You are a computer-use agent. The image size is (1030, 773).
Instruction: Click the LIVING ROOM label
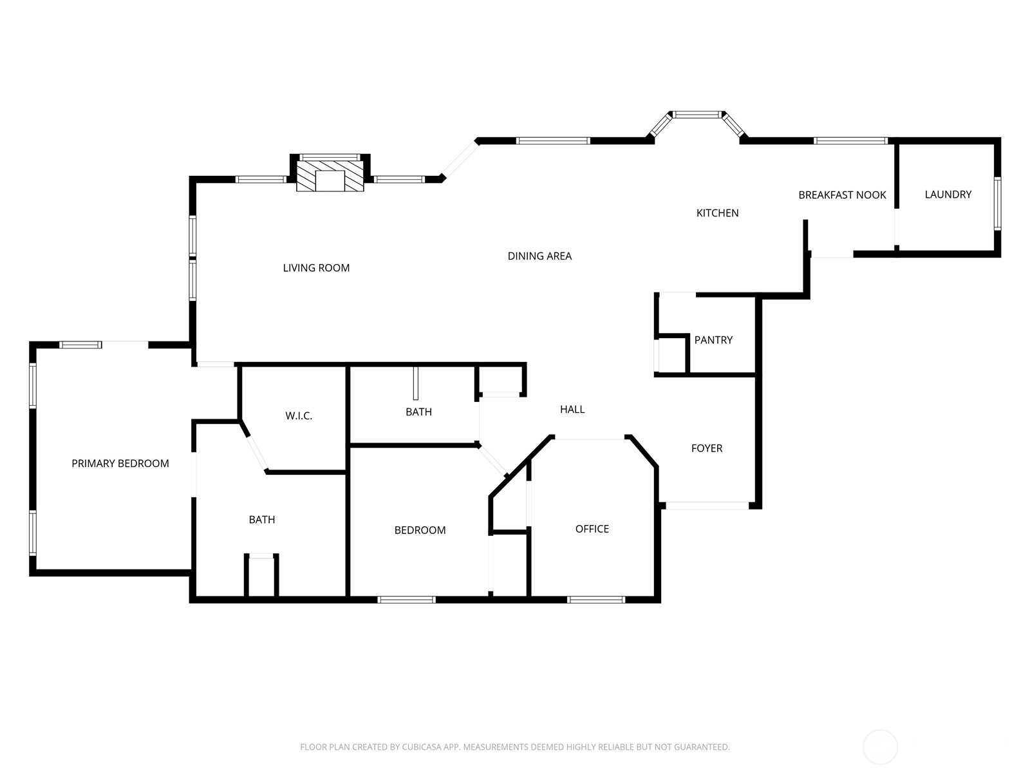coord(316,268)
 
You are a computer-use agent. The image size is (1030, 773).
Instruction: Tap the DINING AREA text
coord(539,256)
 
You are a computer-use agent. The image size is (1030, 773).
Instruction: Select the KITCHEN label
coord(717,213)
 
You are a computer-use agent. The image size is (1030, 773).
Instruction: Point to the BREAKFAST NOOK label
coord(842,195)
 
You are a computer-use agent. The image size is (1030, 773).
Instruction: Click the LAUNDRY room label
coord(948,195)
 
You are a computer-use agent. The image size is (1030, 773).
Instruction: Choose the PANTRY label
coord(713,340)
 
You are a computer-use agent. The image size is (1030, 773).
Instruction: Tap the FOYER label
coord(707,448)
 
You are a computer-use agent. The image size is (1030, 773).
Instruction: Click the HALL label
coord(572,410)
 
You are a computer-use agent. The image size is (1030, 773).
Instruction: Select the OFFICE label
coord(592,529)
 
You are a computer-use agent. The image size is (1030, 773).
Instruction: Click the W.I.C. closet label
coord(299,416)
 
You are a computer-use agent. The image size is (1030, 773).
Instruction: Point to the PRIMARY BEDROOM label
coord(120,464)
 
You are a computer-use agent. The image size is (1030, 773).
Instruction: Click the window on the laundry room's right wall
coord(997,204)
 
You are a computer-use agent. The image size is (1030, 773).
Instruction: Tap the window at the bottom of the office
coord(596,600)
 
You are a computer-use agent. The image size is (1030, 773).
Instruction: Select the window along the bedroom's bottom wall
coord(406,600)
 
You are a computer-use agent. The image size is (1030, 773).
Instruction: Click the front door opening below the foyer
coord(707,506)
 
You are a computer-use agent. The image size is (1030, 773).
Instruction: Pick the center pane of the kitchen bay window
coord(698,115)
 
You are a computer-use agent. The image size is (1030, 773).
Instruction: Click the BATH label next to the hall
coord(418,412)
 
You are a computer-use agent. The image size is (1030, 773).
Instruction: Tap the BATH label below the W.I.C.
coord(262,520)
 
